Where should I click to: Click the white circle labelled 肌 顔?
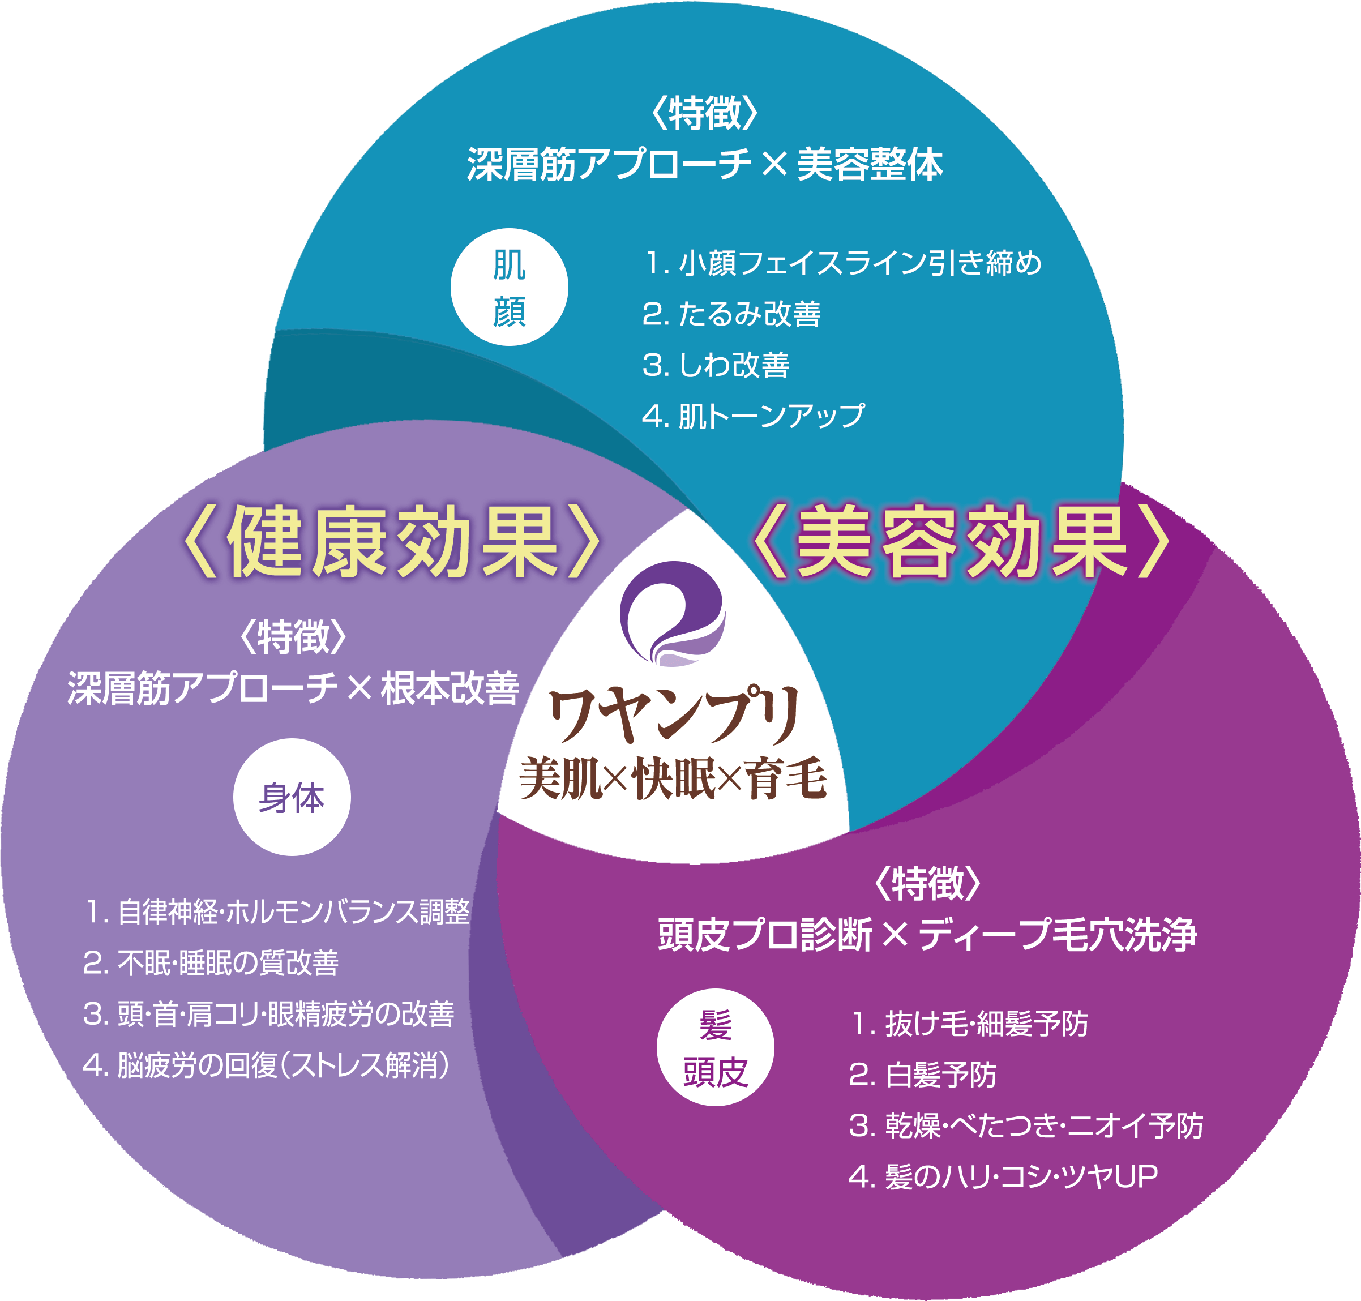509,286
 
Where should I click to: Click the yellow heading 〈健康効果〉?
391,542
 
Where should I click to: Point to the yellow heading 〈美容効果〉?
961,542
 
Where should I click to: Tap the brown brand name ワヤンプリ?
674,714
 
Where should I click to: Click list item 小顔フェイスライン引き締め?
842,263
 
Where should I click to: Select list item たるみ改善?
731,314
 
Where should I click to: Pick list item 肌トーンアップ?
754,416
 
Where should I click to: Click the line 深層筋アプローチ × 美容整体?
704,165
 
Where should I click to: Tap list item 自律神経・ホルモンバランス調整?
277,911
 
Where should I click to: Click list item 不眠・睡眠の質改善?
212,962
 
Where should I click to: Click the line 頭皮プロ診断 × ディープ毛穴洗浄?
927,934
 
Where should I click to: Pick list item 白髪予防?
922,1075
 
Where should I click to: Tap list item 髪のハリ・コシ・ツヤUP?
1003,1176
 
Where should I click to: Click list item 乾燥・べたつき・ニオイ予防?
1025,1125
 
